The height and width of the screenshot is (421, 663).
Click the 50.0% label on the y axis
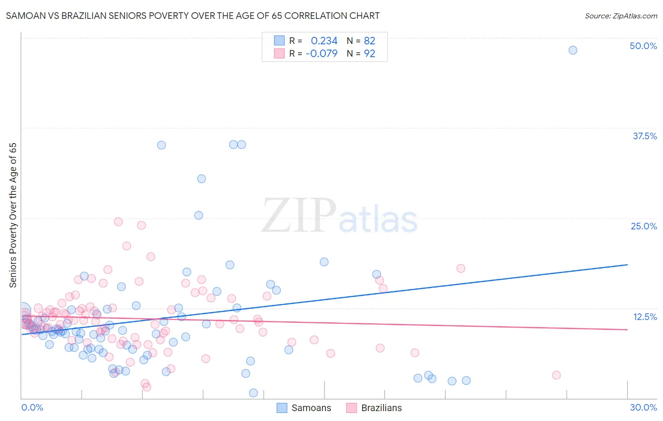click(643, 46)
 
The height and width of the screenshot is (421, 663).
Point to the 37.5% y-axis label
click(644, 136)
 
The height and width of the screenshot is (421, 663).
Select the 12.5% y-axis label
click(644, 317)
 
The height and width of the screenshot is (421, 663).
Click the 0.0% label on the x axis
click(32, 407)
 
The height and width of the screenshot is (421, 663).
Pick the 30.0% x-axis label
click(643, 407)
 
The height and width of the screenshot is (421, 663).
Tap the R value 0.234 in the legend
click(324, 41)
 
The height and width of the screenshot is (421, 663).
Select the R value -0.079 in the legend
click(322, 54)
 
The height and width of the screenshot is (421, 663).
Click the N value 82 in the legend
click(369, 41)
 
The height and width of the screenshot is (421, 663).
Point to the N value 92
click(369, 54)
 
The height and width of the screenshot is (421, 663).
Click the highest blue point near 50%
click(572, 50)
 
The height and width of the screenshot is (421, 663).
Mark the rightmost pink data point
click(556, 375)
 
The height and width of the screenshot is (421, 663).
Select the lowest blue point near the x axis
click(253, 393)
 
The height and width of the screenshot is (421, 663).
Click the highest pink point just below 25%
click(118, 222)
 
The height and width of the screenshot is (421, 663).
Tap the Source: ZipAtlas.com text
click(621, 16)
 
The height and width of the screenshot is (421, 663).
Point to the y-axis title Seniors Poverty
click(13, 215)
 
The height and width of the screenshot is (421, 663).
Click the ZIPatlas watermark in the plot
click(340, 216)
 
